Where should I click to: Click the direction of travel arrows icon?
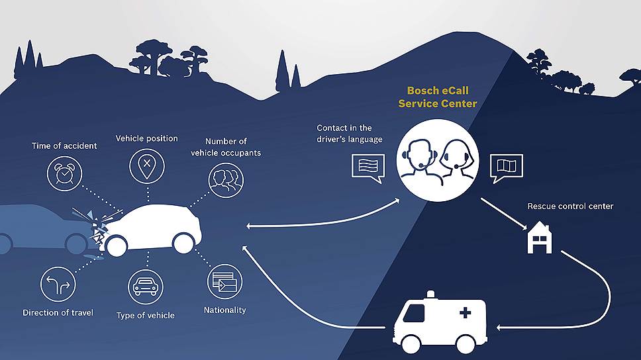click(x=58, y=284)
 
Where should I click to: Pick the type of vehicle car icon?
click(x=145, y=287)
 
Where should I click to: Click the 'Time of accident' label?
click(x=64, y=146)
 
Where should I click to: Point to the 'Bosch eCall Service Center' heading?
click(x=442, y=97)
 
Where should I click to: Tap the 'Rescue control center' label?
click(x=570, y=206)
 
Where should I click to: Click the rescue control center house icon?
click(x=538, y=238)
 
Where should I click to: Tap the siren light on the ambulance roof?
click(x=431, y=293)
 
